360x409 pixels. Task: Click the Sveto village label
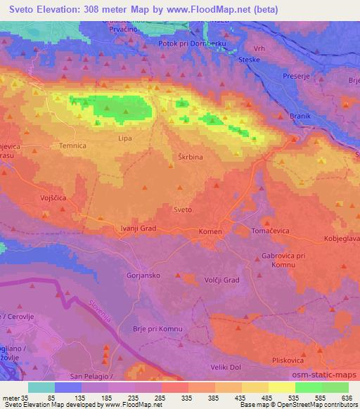click(x=182, y=209)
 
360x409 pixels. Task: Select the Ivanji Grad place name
click(x=139, y=228)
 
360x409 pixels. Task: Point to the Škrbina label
click(x=189, y=157)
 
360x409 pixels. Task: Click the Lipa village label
click(x=124, y=138)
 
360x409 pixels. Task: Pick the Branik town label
click(x=299, y=117)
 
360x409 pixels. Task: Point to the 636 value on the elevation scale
click(x=345, y=398)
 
